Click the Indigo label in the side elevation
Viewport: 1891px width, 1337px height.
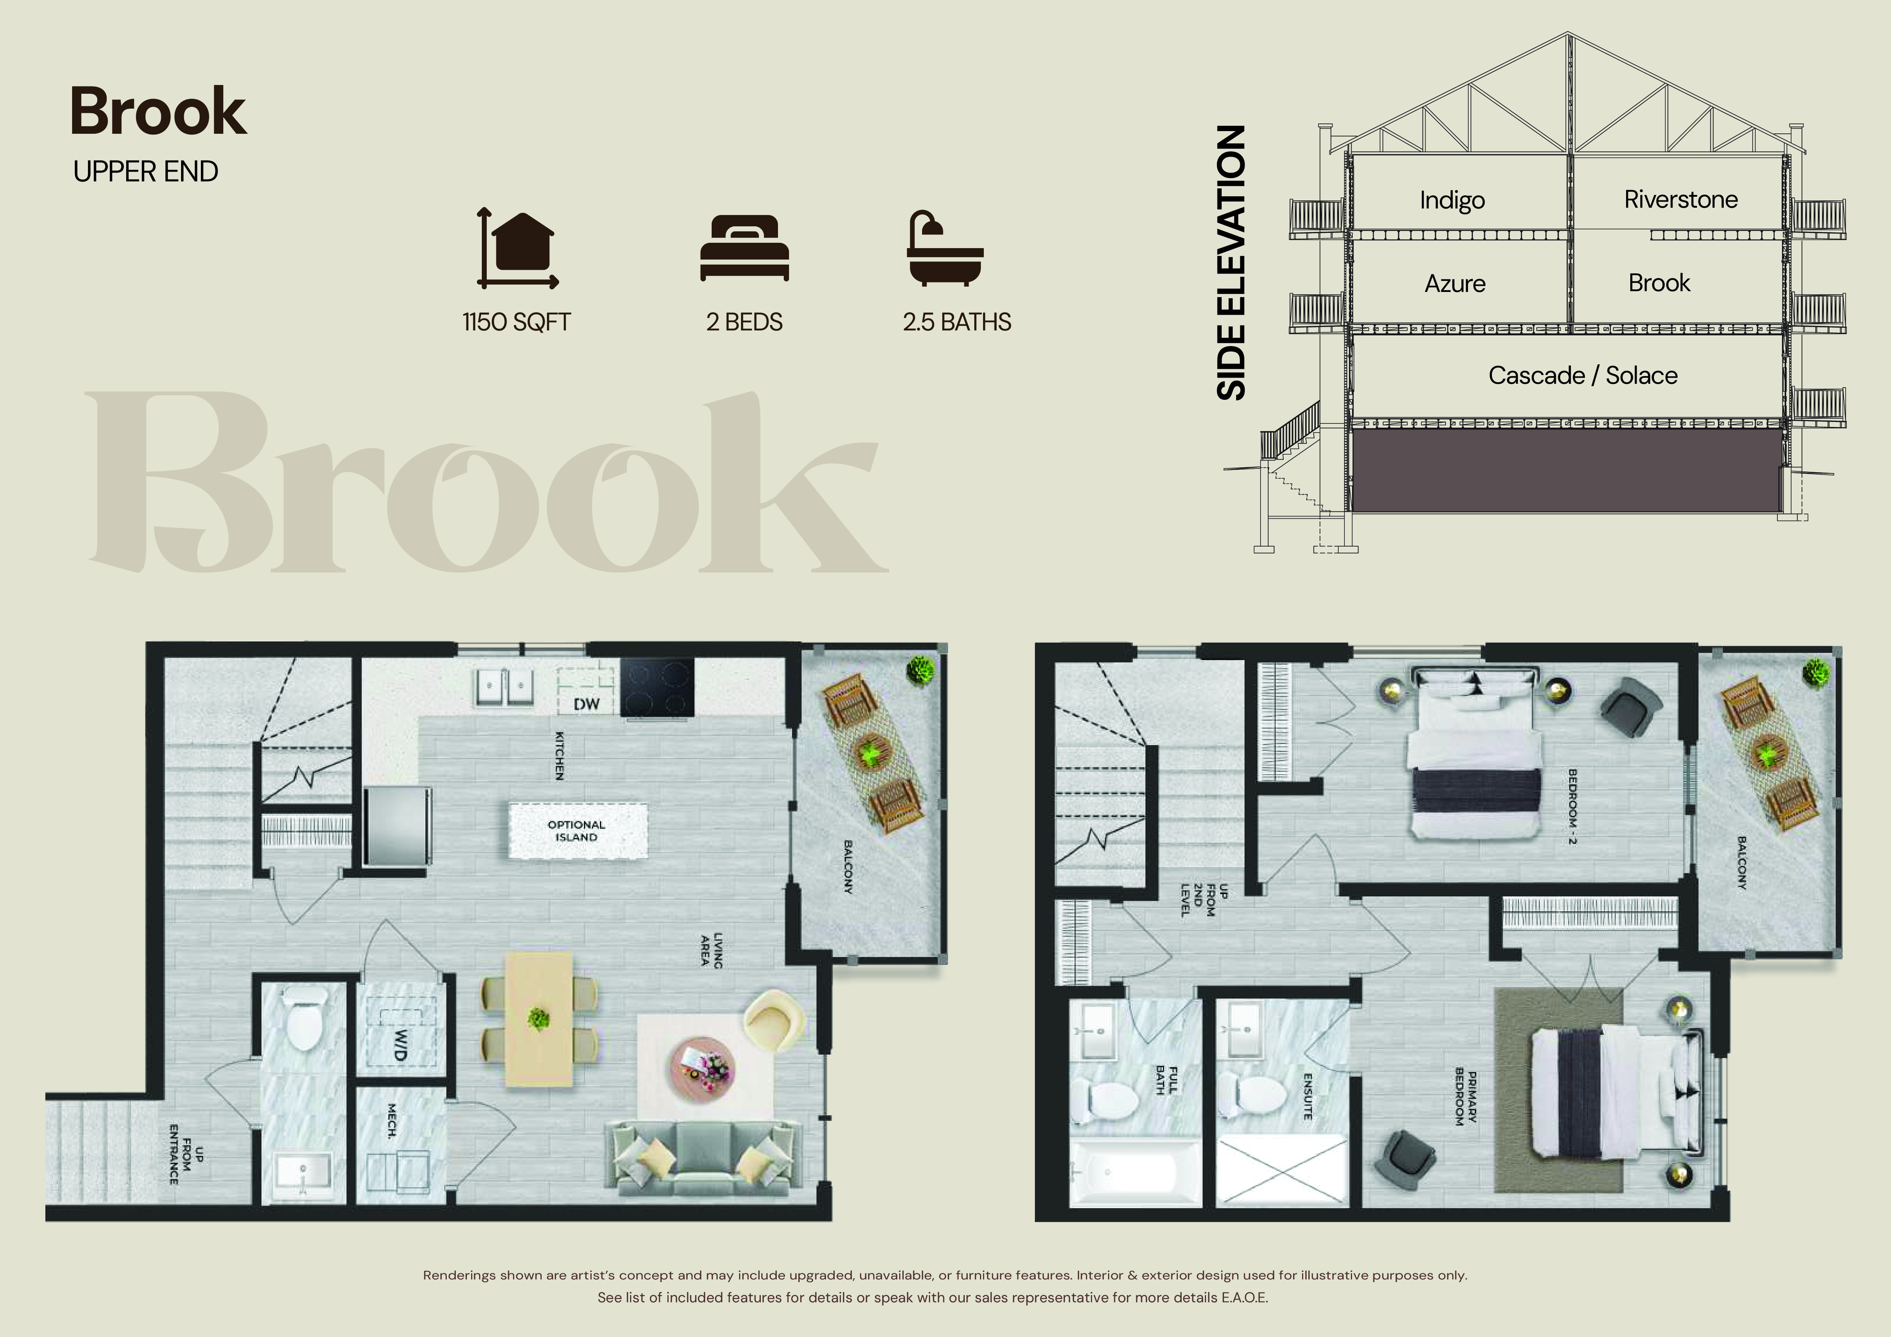[1452, 200]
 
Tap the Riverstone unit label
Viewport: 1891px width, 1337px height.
[1681, 199]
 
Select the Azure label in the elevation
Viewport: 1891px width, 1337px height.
[1455, 284]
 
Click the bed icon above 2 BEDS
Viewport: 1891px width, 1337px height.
[744, 248]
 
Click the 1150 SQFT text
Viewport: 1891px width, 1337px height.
[516, 322]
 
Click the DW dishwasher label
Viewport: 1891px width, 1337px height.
[586, 704]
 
